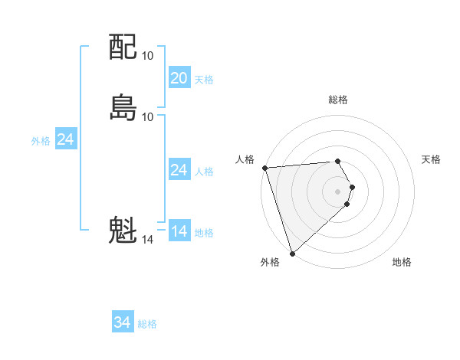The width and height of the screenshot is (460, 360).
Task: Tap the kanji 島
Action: pyautogui.click(x=123, y=106)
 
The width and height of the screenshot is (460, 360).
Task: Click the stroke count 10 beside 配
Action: pyautogui.click(x=148, y=56)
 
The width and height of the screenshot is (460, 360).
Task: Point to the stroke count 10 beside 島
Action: pyautogui.click(x=148, y=116)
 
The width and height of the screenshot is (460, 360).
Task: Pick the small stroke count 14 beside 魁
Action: pyautogui.click(x=148, y=240)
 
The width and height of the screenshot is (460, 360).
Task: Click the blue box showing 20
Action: pyautogui.click(x=179, y=78)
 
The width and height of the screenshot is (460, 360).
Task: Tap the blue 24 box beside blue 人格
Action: pyautogui.click(x=179, y=170)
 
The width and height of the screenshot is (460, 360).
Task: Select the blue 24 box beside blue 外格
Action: pyautogui.click(x=66, y=139)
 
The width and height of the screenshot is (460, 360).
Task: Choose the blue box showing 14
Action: pyautogui.click(x=179, y=231)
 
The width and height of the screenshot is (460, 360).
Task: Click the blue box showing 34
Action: pyautogui.click(x=123, y=322)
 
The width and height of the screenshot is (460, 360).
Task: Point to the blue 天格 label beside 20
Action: pyautogui.click(x=204, y=80)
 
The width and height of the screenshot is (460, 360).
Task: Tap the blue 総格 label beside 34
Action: pyautogui.click(x=147, y=324)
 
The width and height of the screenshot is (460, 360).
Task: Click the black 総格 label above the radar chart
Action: pyautogui.click(x=338, y=100)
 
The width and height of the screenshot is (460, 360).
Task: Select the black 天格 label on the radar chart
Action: pyautogui.click(x=432, y=159)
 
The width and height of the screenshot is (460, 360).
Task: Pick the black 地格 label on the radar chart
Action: pyautogui.click(x=402, y=263)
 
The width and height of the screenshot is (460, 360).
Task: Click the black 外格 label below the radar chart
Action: pyautogui.click(x=270, y=263)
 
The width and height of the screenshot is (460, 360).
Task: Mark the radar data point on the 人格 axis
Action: pyautogui.click(x=264, y=168)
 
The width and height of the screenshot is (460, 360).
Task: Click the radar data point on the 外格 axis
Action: pyautogui.click(x=292, y=253)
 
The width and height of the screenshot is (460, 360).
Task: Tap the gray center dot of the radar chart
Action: pyautogui.click(x=338, y=191)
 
